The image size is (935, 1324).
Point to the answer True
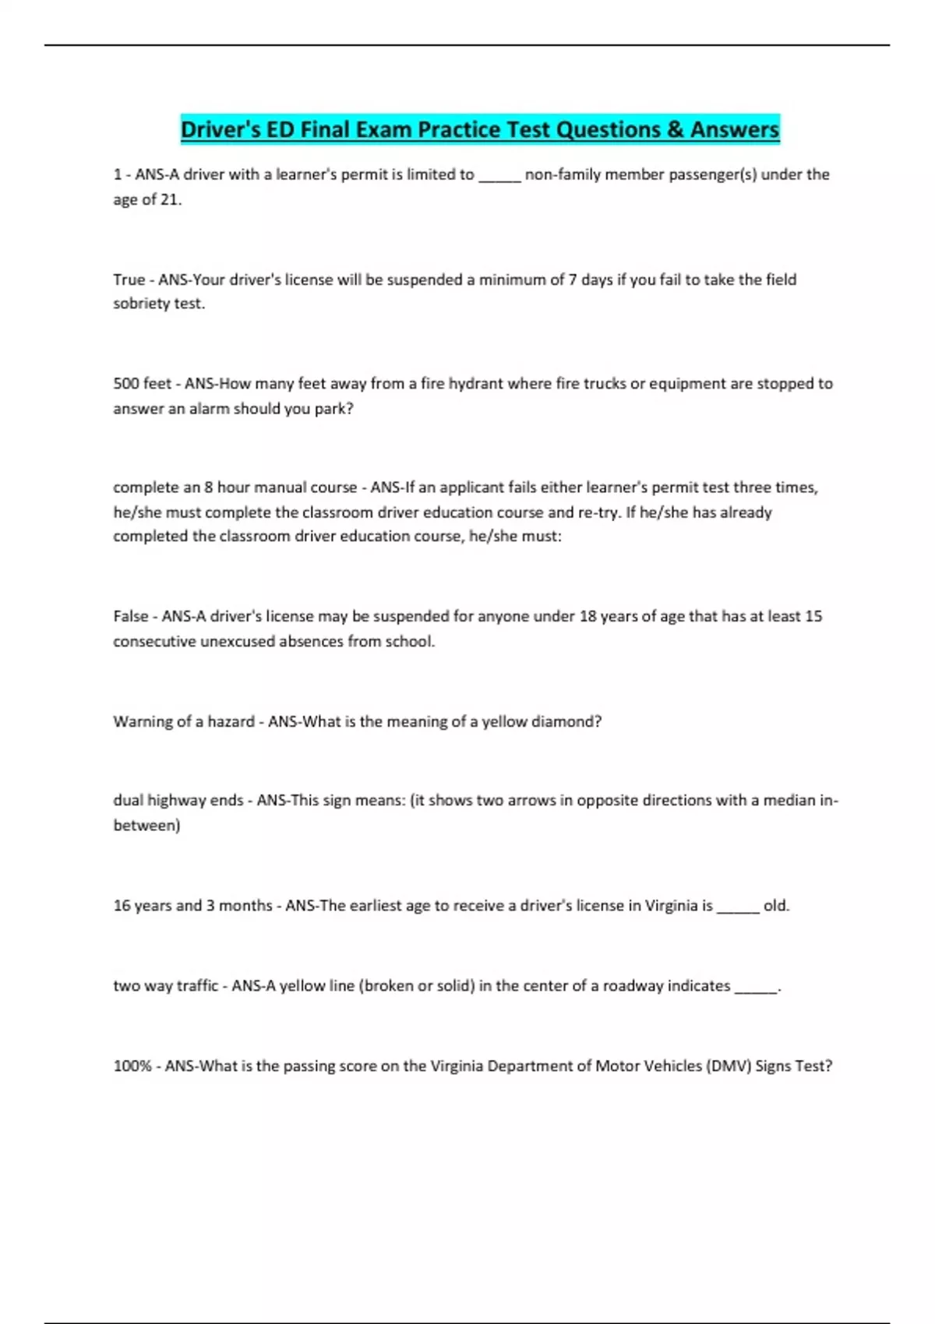click(129, 280)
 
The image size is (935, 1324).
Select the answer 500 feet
click(143, 384)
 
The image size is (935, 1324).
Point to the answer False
click(131, 616)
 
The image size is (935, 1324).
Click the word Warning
click(143, 722)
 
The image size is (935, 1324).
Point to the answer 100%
click(132, 1066)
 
